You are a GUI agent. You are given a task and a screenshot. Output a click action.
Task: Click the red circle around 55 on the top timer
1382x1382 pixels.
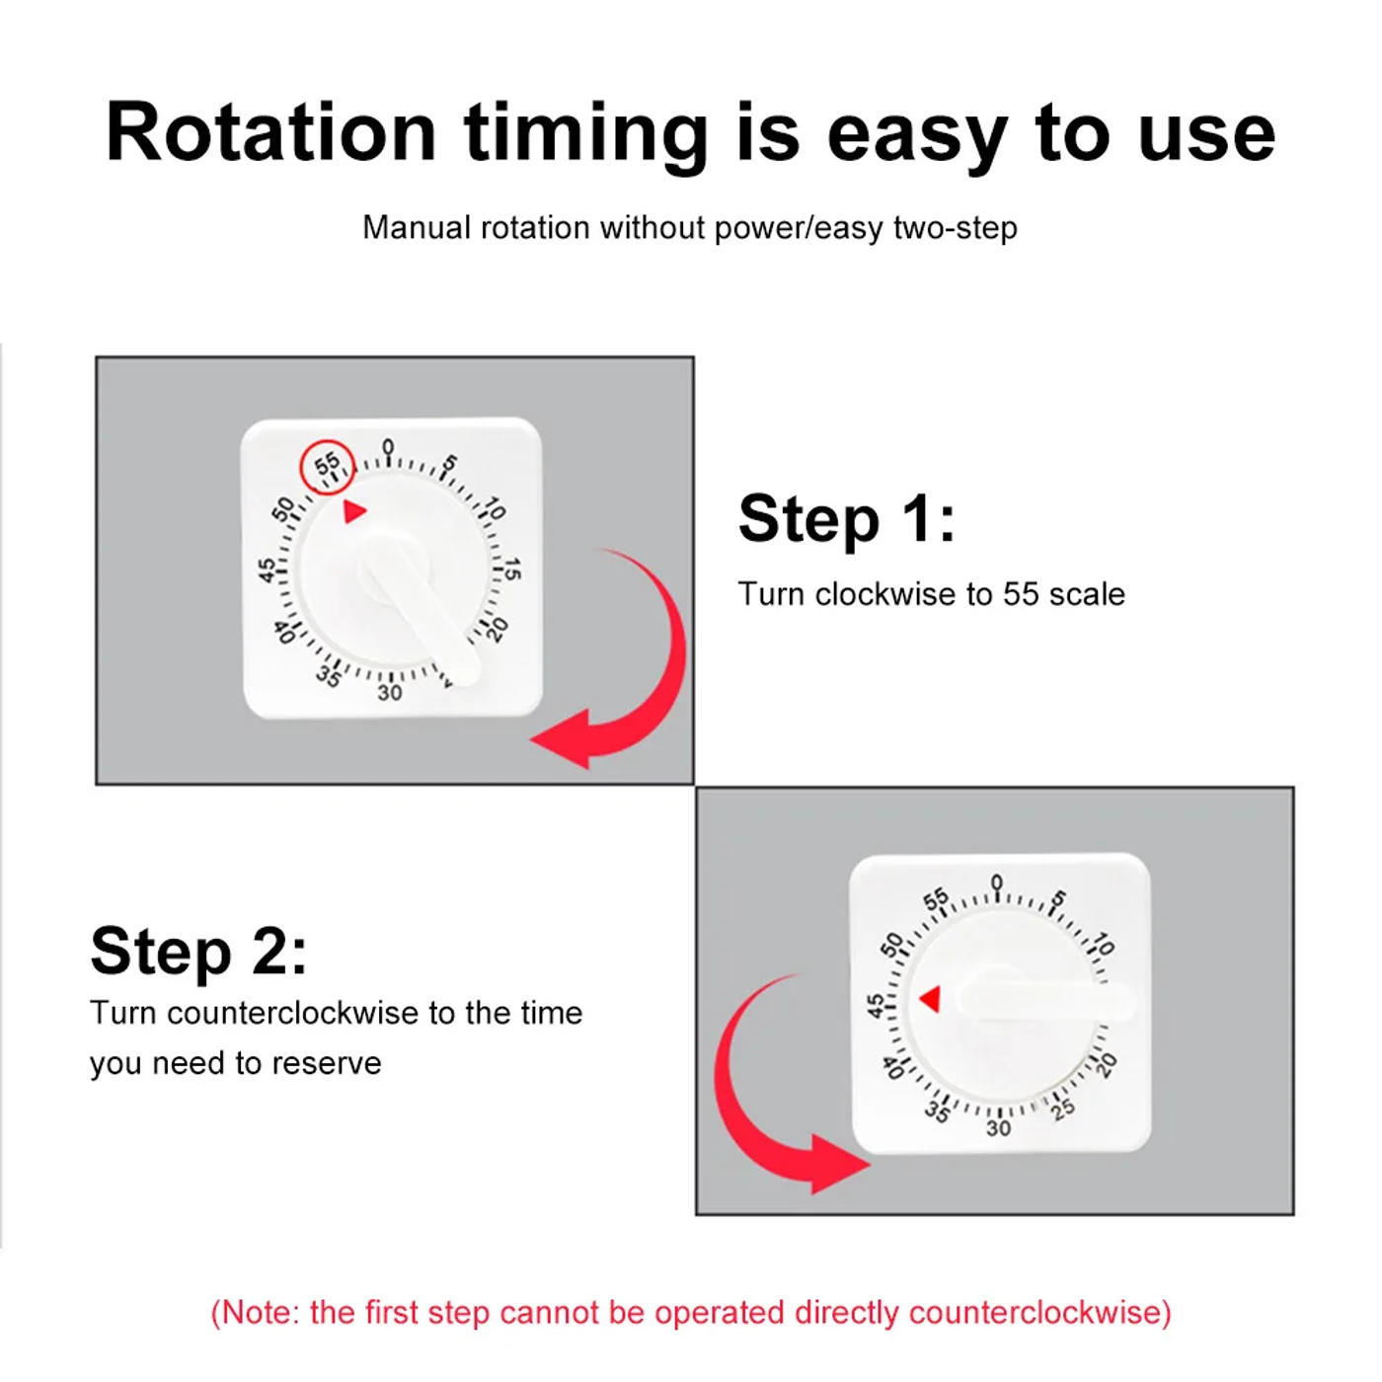[327, 466]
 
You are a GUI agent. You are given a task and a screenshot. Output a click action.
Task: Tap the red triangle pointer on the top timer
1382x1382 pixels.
[354, 511]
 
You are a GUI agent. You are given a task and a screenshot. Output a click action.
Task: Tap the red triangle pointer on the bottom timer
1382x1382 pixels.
[930, 999]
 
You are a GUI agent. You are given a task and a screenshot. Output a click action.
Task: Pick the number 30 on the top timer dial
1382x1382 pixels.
[390, 693]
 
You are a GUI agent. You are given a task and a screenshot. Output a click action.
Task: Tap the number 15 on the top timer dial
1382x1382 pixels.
[511, 569]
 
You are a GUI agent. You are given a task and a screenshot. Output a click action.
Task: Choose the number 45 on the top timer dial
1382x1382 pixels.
[267, 571]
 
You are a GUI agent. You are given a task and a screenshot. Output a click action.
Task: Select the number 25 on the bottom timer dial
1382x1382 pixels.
[1063, 1110]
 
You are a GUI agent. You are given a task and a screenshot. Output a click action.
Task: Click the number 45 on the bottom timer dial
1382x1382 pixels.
[875, 1005]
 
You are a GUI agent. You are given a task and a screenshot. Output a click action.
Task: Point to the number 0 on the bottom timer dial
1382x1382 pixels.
[996, 882]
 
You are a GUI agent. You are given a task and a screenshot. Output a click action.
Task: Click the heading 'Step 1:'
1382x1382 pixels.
[847, 518]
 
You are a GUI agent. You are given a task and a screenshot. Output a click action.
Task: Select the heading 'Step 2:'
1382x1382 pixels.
[198, 951]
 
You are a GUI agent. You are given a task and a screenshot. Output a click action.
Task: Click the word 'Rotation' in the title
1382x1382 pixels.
[271, 132]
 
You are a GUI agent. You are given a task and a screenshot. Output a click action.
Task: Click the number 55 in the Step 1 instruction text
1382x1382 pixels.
[1021, 594]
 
